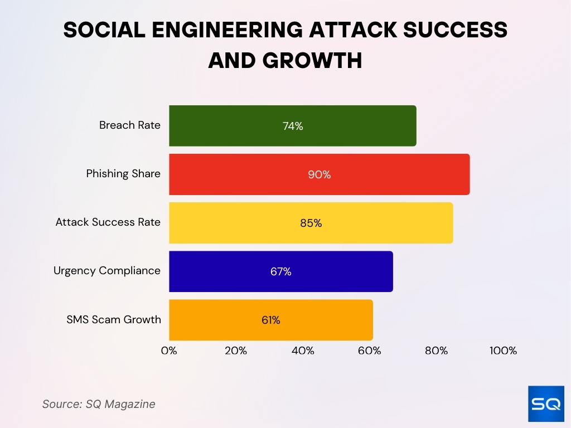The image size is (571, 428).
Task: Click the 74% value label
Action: (293, 126)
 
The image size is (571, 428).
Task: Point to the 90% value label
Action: (320, 174)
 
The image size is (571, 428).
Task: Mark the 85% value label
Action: (311, 223)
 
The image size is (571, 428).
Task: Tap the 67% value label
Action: (281, 271)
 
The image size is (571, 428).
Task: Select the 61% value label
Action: (271, 320)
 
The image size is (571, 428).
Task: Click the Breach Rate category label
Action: (129, 125)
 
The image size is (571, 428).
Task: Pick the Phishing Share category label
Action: (123, 174)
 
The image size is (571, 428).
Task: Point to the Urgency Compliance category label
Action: (107, 271)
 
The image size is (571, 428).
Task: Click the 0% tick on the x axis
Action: (169, 351)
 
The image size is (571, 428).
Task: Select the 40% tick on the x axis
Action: (303, 351)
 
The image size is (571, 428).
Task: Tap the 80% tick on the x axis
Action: (437, 351)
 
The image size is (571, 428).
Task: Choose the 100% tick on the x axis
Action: (503, 351)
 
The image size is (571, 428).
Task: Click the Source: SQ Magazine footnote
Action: (99, 404)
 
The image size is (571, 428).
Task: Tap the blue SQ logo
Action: (546, 403)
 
